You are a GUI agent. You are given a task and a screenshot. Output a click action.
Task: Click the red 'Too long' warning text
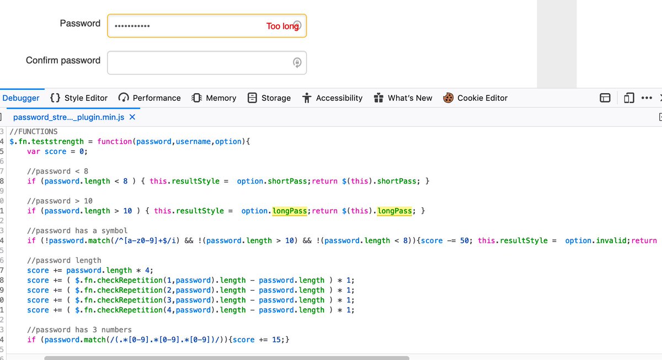click(x=282, y=26)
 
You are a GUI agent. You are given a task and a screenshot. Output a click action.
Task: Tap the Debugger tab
click(x=21, y=98)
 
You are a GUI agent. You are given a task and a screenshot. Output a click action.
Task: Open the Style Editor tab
click(x=79, y=98)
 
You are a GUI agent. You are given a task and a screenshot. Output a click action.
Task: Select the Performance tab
click(x=150, y=98)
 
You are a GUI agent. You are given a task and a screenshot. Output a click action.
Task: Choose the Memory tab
click(x=213, y=98)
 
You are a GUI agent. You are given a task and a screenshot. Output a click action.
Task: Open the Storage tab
click(x=269, y=98)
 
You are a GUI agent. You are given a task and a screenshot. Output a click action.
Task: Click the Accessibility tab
click(x=332, y=98)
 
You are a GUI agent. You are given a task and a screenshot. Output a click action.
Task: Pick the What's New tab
click(x=403, y=98)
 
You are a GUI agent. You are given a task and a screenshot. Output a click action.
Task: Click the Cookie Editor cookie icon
click(x=448, y=98)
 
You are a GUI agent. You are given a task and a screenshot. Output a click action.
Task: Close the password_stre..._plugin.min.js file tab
click(x=132, y=117)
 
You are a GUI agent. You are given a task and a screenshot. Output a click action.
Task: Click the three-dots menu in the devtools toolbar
click(x=647, y=98)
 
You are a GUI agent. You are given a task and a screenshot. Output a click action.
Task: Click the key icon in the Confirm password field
click(x=297, y=63)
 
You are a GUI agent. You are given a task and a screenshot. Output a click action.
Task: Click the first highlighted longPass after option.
click(x=289, y=211)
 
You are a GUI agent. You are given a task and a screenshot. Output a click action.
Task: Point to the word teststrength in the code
click(x=57, y=142)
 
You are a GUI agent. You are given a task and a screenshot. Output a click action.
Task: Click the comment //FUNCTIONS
click(x=34, y=132)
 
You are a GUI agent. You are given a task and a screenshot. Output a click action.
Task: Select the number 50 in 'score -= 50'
click(x=465, y=241)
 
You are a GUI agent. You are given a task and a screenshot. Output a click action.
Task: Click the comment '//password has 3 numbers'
click(x=79, y=330)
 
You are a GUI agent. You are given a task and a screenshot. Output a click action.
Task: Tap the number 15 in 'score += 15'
click(x=276, y=340)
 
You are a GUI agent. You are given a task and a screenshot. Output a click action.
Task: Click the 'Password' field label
click(x=80, y=23)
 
